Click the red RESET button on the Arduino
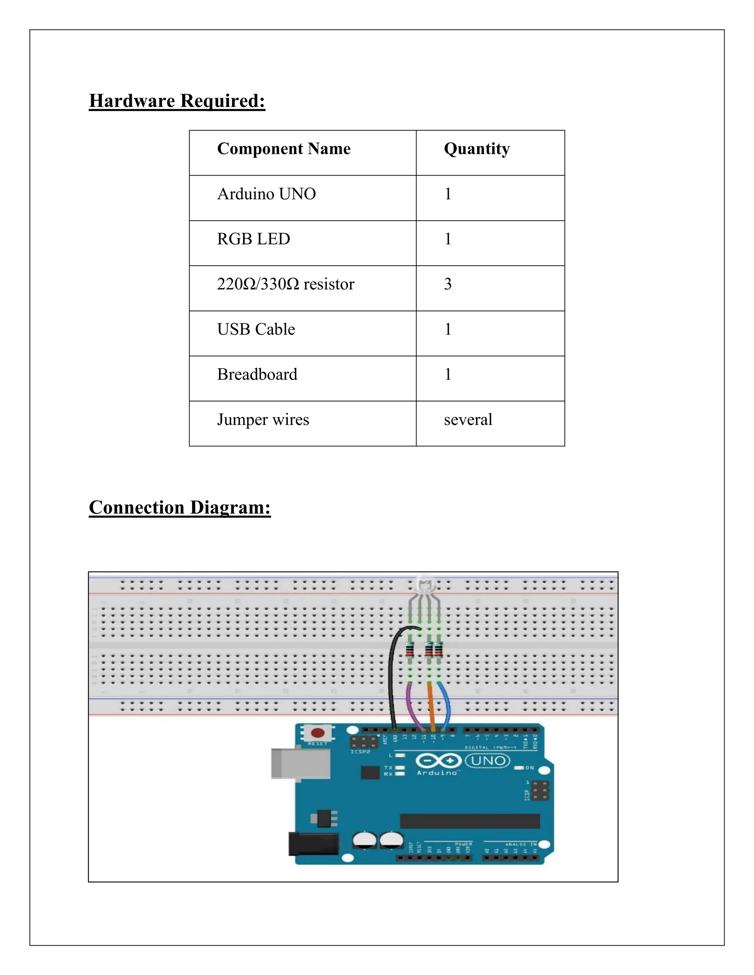point(318,733)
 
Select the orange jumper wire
point(431,705)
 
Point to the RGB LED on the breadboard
point(425,585)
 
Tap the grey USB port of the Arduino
point(300,763)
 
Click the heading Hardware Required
point(177,101)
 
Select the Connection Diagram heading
point(180,508)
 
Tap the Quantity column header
point(477,149)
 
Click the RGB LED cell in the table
point(253,239)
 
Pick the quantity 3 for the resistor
point(448,284)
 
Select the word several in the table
point(468,420)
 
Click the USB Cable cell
point(256,329)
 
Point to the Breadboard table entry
point(257,375)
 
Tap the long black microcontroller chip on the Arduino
point(469,820)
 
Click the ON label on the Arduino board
point(529,768)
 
